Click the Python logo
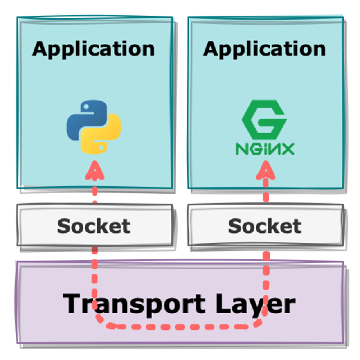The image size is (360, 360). [x=94, y=127]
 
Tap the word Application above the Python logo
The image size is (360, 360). [x=94, y=49]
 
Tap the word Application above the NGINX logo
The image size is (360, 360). [x=265, y=49]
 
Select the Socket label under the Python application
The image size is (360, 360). [x=94, y=226]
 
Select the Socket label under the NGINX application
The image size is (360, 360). [x=265, y=226]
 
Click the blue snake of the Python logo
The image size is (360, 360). [x=84, y=117]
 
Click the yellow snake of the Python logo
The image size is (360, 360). [x=104, y=137]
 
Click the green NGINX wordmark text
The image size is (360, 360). [x=265, y=148]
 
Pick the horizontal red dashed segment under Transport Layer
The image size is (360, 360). [x=180, y=327]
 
